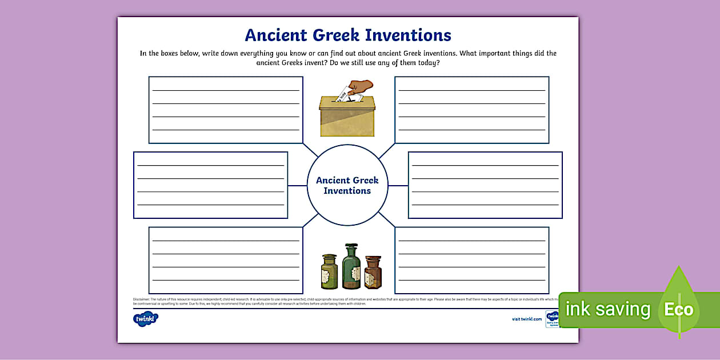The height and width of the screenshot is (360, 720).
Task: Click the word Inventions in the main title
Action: pyautogui.click(x=408, y=35)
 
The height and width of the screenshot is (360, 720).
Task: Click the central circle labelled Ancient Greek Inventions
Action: pyautogui.click(x=347, y=185)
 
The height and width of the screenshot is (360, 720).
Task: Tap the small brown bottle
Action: pyautogui.click(x=373, y=272)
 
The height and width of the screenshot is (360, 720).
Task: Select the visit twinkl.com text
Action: pyautogui.click(x=527, y=319)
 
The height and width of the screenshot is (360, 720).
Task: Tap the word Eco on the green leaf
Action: pyautogui.click(x=679, y=310)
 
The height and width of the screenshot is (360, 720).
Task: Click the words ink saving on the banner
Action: pyautogui.click(x=608, y=309)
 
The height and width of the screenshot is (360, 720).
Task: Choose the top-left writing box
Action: pyautogui.click(x=226, y=110)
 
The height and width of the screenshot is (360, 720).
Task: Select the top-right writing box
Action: pyautogui.click(x=472, y=110)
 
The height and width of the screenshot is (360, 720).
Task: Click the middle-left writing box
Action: pyautogui.click(x=210, y=185)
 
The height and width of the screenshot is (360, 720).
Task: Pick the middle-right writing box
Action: pyautogui.click(x=485, y=185)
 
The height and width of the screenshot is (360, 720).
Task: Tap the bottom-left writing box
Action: pyautogui.click(x=226, y=260)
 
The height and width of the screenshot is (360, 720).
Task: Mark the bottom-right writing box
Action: pyautogui.click(x=472, y=260)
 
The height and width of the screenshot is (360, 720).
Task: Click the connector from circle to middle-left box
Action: pyautogui.click(x=297, y=185)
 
